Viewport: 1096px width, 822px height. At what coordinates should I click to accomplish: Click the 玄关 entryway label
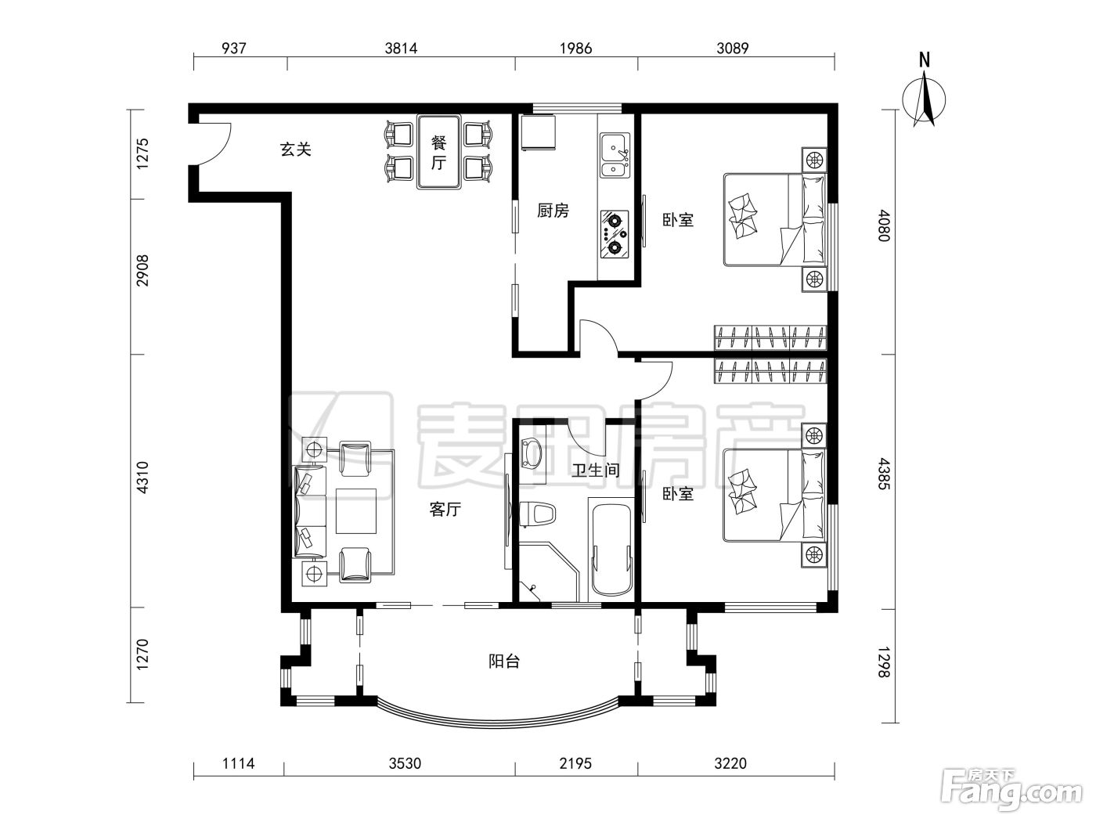point(296,150)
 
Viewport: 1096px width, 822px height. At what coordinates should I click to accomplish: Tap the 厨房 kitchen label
point(553,211)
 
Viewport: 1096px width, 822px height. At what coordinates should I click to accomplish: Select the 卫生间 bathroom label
point(596,470)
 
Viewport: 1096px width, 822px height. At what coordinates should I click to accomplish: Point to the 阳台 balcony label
point(504,662)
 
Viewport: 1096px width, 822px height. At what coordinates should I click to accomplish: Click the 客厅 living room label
point(445,509)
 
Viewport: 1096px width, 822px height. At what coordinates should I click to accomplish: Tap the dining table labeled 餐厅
point(439,152)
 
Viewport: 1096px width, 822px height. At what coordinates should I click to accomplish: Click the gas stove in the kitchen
point(615,234)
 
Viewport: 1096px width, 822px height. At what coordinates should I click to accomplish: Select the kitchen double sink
point(615,155)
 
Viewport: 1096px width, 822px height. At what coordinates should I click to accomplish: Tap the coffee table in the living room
point(356,511)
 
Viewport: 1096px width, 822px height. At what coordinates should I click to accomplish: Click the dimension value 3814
point(401,49)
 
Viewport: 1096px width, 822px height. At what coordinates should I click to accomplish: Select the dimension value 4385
point(884,474)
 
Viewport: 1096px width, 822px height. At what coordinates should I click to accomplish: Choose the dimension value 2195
point(575,763)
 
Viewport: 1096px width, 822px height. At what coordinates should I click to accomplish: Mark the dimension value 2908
point(142,270)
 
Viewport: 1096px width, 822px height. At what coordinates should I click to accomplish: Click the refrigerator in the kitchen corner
point(538,132)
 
